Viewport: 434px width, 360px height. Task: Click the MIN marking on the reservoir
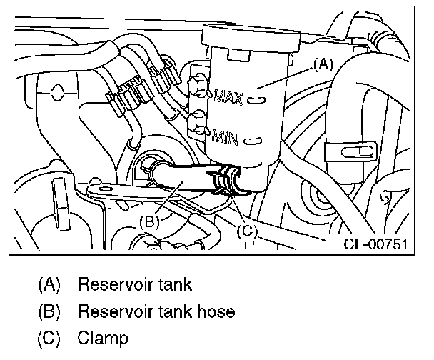tap(226, 135)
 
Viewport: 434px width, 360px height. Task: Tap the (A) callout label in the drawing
tap(323, 64)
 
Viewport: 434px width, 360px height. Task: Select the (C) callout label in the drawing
tap(245, 230)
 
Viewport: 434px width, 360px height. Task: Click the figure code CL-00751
tap(375, 244)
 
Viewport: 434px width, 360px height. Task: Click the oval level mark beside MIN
tap(251, 141)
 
